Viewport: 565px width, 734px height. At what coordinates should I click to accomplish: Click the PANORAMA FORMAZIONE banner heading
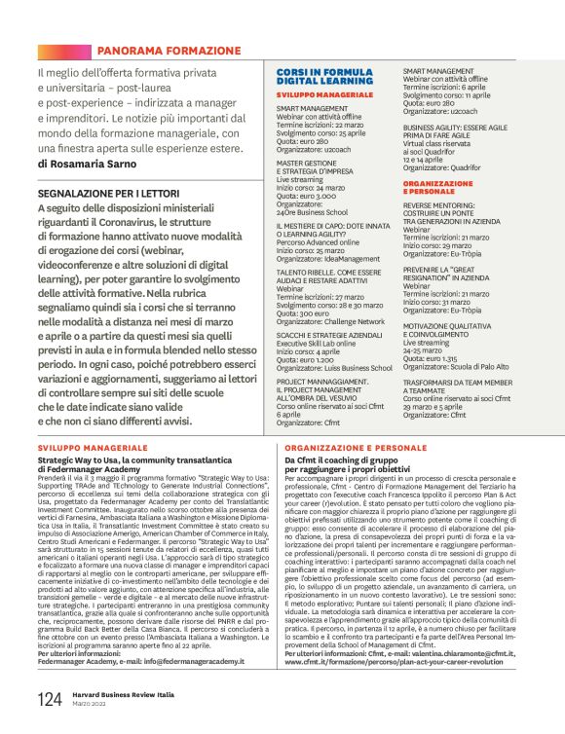coord(168,50)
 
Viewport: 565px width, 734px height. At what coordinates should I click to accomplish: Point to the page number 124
coord(50,698)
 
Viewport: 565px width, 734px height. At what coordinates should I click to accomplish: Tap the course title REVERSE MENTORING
coord(450,206)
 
